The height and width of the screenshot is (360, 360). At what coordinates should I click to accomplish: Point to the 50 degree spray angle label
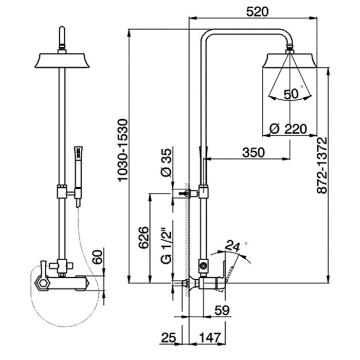coord(291,94)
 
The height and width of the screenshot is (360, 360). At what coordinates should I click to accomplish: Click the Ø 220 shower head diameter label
coord(289,128)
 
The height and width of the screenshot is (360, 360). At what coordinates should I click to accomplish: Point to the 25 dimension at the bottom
coord(168,337)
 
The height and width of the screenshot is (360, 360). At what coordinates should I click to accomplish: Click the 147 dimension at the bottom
coord(210,337)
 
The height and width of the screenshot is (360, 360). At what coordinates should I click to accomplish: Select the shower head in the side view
coord(290,60)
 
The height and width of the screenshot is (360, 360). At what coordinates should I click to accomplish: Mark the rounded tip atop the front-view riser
coord(62,33)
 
